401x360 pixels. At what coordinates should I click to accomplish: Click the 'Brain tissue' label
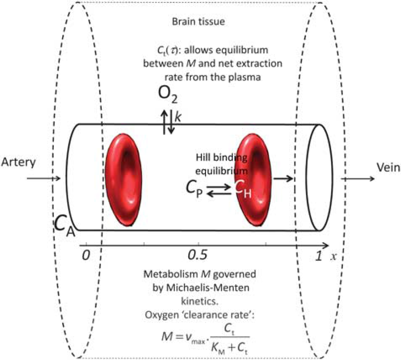click(199, 22)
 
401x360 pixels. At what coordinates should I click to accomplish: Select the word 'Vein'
click(388, 168)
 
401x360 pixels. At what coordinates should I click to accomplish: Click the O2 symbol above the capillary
click(168, 94)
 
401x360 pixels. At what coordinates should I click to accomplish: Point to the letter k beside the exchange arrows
click(178, 117)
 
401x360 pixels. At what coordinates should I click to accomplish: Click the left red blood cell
click(124, 180)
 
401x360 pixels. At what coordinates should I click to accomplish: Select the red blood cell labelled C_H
click(253, 180)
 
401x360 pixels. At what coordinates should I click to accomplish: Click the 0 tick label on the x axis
click(86, 255)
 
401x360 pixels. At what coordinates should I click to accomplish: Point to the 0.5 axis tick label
click(197, 255)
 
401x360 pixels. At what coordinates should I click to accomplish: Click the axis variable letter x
click(333, 256)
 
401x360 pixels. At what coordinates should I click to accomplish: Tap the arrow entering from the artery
click(44, 178)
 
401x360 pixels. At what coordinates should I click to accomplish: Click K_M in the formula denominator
click(218, 348)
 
